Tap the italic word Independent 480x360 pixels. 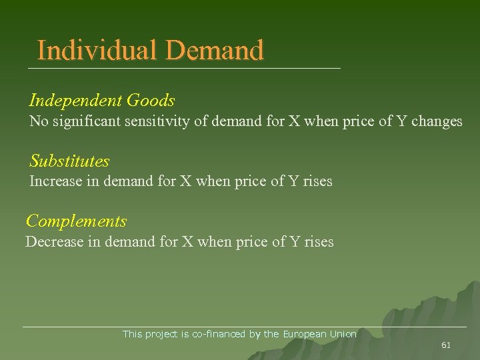click(x=75, y=101)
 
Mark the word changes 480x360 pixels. click(x=437, y=121)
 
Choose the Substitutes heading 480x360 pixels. click(x=69, y=161)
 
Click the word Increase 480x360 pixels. click(x=56, y=181)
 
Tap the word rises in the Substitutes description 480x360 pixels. click(x=317, y=181)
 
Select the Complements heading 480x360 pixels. click(x=76, y=221)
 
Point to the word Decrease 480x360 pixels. click(x=54, y=241)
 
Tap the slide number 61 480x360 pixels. click(x=446, y=345)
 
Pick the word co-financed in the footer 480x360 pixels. click(x=219, y=334)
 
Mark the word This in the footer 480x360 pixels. click(x=132, y=334)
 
